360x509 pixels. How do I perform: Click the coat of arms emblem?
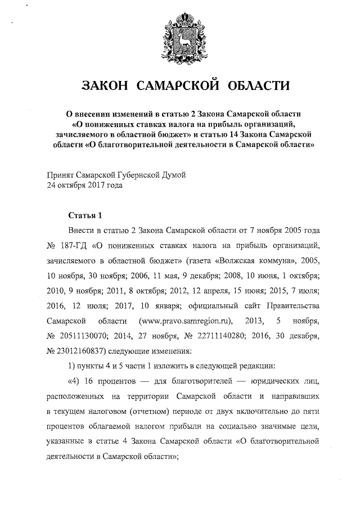point(179,40)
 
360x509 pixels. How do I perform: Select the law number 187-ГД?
point(71,246)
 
